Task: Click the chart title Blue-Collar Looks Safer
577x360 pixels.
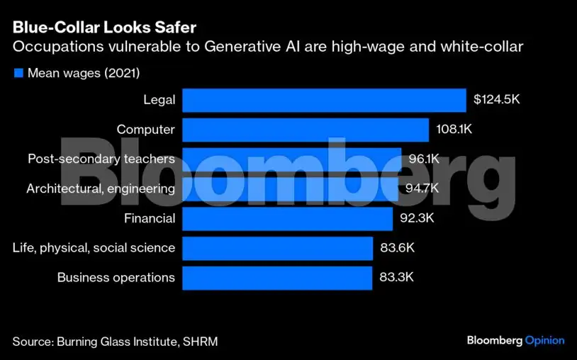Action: coord(105,28)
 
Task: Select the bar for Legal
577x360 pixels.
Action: coord(324,100)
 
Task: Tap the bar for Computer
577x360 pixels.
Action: coord(306,130)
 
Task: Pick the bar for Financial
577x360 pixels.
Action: coord(287,218)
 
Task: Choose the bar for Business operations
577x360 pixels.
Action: coord(277,278)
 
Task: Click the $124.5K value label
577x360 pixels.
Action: coord(497,100)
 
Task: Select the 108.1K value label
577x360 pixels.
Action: coord(454,130)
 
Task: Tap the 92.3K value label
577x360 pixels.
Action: coord(417,218)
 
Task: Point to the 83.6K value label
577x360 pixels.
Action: coord(397,248)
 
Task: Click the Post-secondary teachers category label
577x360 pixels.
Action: coord(101,159)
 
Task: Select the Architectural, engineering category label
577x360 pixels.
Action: coord(101,189)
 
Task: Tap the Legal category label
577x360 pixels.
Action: coord(159,100)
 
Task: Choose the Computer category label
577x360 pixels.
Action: coord(145,130)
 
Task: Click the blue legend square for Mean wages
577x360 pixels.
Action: coord(18,73)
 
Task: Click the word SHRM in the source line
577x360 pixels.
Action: coord(201,342)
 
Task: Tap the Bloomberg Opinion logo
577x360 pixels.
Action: coord(516,341)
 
